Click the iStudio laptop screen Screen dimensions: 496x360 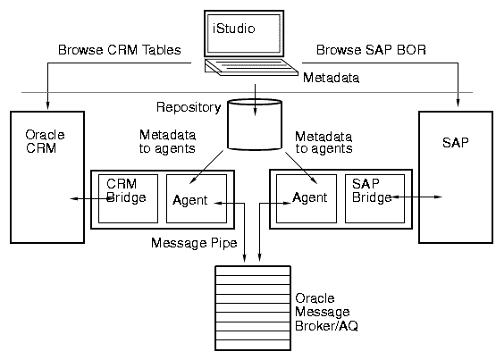pyautogui.click(x=244, y=33)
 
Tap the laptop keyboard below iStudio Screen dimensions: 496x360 pyautogui.click(x=251, y=67)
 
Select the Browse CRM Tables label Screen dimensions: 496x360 pyautogui.click(x=120, y=50)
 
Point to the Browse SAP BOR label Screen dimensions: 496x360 pyautogui.click(x=371, y=50)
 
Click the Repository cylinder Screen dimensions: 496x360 pyautogui.click(x=255, y=124)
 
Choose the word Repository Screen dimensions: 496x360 pyautogui.click(x=189, y=107)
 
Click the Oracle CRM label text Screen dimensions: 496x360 pyautogui.click(x=45, y=141)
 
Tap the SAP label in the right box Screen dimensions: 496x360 pyautogui.click(x=455, y=143)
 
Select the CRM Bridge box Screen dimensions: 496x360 pyautogui.click(x=128, y=199)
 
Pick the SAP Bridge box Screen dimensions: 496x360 pyautogui.click(x=374, y=199)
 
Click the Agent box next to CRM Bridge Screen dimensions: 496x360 pyautogui.click(x=197, y=199)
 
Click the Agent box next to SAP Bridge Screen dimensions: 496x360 pyautogui.click(x=307, y=199)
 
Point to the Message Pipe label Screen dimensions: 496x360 pyautogui.click(x=194, y=243)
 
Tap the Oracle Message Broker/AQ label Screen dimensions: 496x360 pyautogui.click(x=326, y=312)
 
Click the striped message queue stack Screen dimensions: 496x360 pyautogui.click(x=253, y=308)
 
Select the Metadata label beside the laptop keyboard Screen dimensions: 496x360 pyautogui.click(x=332, y=78)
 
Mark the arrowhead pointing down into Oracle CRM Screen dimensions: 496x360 pyautogui.click(x=47, y=105)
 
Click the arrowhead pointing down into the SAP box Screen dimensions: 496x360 pyautogui.click(x=458, y=103)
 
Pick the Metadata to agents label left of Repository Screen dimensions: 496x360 pyautogui.click(x=167, y=142)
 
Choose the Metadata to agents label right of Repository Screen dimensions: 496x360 pyautogui.click(x=324, y=143)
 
